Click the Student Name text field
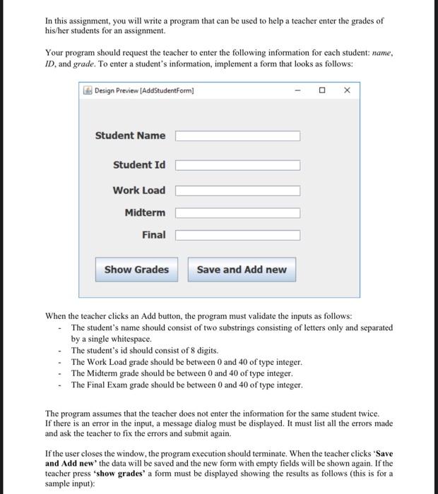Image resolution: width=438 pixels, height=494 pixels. pos(237,136)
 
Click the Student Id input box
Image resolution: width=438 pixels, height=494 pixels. pos(237,165)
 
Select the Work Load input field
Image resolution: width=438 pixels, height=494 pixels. pos(237,191)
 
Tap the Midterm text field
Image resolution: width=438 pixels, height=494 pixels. pos(237,213)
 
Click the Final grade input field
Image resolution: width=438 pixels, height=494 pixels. pos(237,235)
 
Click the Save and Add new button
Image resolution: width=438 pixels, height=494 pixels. pos(242,270)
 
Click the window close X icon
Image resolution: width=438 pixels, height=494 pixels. pos(346,90)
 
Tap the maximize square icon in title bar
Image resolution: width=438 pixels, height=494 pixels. pos(322,90)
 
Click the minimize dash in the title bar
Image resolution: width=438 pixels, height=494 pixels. pos(297,90)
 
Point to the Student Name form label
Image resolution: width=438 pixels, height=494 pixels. pos(130,135)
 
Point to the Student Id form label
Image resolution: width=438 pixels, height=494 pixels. pos(139,164)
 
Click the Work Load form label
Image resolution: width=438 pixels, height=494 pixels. pos(138,190)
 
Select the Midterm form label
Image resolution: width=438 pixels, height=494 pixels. pos(145,212)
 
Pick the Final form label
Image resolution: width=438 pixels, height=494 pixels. pos(153,234)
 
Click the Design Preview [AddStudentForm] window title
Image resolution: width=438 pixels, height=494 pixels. pos(144,90)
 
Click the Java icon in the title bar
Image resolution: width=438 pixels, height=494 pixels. pos(88,90)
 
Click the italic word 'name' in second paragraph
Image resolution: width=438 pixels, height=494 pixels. pos(381,52)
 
